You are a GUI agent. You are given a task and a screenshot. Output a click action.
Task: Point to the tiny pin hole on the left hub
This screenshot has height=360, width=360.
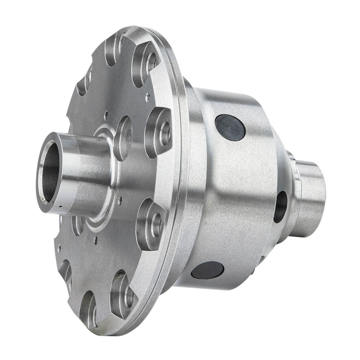coord(60,207)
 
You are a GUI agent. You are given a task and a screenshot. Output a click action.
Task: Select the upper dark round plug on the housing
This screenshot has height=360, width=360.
coord(230,127)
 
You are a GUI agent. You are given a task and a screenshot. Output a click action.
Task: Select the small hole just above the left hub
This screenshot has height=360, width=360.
coord(105,114)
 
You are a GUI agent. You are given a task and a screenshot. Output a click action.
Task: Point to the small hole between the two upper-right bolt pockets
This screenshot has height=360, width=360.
coord(147,97)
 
